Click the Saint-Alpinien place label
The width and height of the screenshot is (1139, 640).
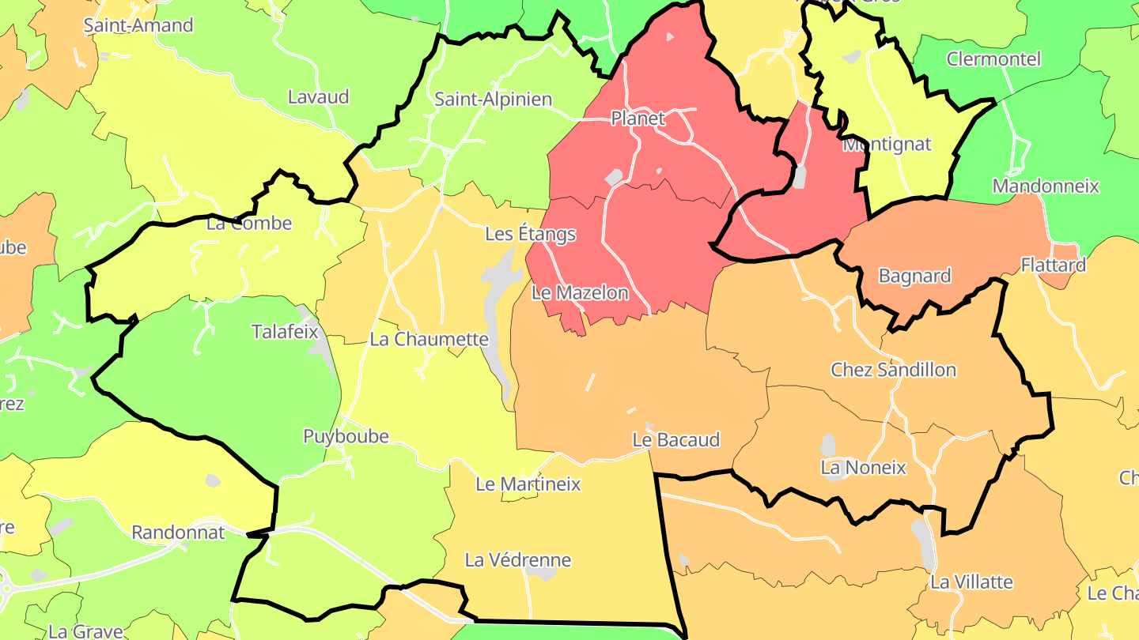pyautogui.click(x=493, y=100)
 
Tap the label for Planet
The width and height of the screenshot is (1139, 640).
pyautogui.click(x=638, y=119)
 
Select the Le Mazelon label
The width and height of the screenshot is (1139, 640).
pyautogui.click(x=580, y=293)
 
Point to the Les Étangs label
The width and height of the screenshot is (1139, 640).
pyautogui.click(x=530, y=235)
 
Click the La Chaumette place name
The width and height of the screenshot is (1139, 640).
pyautogui.click(x=429, y=340)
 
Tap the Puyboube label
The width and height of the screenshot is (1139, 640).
pyautogui.click(x=346, y=437)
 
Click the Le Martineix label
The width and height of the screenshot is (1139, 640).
pyautogui.click(x=528, y=484)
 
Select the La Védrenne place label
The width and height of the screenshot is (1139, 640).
pyautogui.click(x=517, y=561)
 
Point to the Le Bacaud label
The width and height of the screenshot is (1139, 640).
pyautogui.click(x=675, y=440)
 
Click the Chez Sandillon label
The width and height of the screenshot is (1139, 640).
pyautogui.click(x=893, y=370)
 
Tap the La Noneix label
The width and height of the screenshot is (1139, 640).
pyautogui.click(x=863, y=468)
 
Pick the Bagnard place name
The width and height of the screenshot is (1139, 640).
pyautogui.click(x=914, y=277)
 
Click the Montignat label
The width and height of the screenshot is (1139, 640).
pyautogui.click(x=887, y=145)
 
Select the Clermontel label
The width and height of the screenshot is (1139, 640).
pyautogui.click(x=993, y=59)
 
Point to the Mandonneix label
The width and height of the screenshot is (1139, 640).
pyautogui.click(x=1046, y=186)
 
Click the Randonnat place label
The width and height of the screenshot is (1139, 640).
pyautogui.click(x=178, y=533)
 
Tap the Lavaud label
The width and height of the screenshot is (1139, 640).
pyautogui.click(x=318, y=97)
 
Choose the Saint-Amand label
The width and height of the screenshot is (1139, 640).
pyautogui.click(x=138, y=25)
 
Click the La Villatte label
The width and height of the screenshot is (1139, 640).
pyautogui.click(x=971, y=582)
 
